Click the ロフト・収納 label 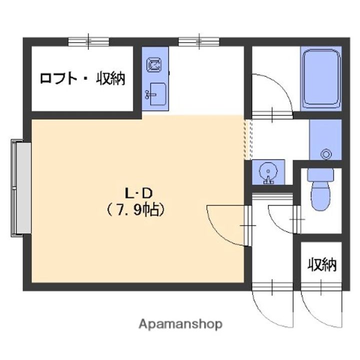pyautogui.click(x=82, y=78)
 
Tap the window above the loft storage pyautogui.click(x=88, y=41)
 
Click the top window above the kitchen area pyautogui.click(x=199, y=41)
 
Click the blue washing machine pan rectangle pyautogui.click(x=324, y=140)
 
